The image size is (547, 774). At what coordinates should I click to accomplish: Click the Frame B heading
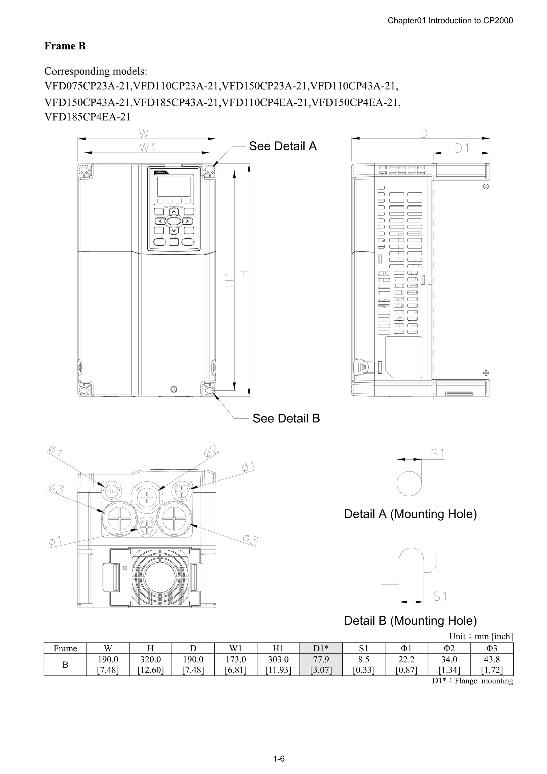pos(65,46)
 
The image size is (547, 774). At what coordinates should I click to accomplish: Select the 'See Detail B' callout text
pos(286,418)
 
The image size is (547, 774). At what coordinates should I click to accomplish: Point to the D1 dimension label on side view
pos(462,148)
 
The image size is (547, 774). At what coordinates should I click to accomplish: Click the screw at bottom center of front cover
pos(174,389)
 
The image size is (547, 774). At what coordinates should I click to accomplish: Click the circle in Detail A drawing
pos(409,483)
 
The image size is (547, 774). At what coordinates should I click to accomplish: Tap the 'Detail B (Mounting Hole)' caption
pos(410,621)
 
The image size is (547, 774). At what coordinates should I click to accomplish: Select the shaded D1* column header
pos(321,648)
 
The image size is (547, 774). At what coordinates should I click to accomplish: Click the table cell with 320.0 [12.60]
pos(150,664)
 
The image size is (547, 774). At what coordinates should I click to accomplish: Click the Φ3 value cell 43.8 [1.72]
pos(492,664)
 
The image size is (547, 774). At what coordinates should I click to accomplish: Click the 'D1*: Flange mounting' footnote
pos(472,681)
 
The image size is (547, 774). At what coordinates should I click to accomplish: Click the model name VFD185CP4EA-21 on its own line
pos(87,117)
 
